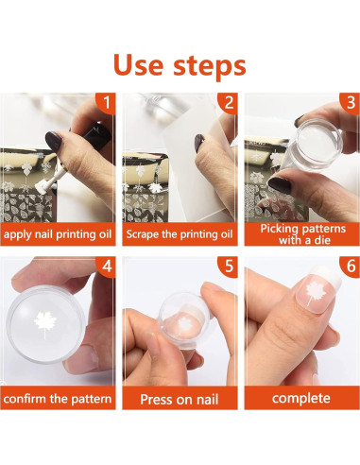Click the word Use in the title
click(139, 65)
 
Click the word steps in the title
click(210, 67)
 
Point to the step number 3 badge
click(351, 103)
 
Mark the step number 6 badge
click(351, 267)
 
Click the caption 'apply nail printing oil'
click(58, 234)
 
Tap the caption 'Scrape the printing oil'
click(180, 234)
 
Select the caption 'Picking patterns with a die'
click(303, 234)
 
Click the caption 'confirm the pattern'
click(58, 399)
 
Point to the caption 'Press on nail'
click(180, 400)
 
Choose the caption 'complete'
click(301, 399)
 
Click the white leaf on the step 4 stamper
click(45, 323)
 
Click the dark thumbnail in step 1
click(54, 142)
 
